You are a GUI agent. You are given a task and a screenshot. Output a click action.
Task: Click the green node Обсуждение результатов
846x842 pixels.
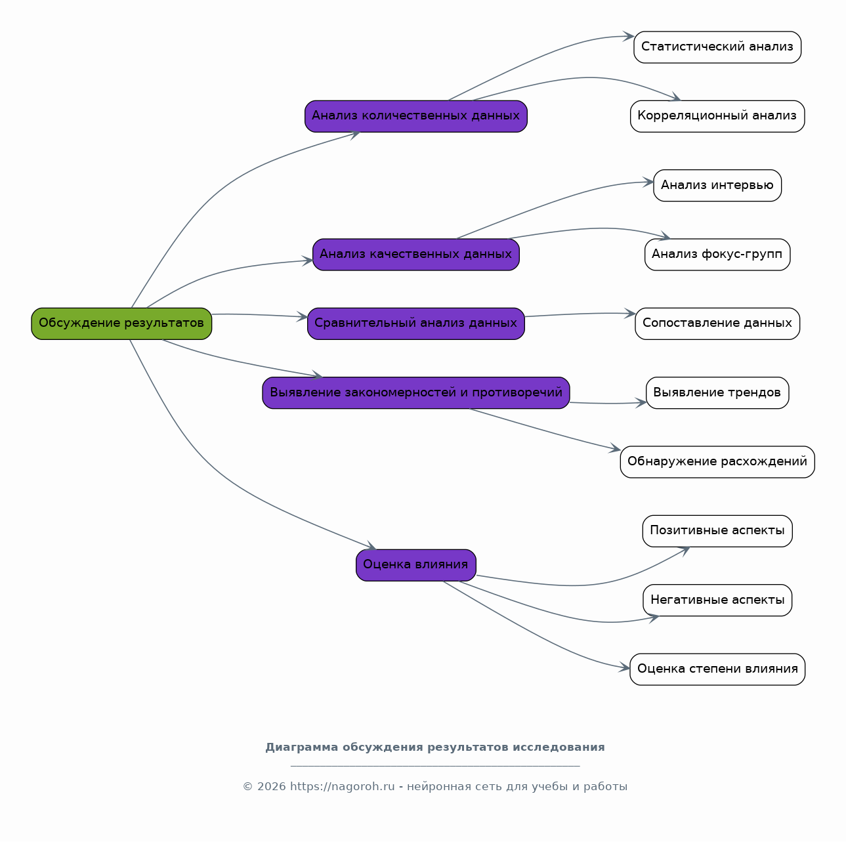point(121,324)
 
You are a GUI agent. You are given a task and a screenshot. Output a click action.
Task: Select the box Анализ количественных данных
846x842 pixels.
point(415,116)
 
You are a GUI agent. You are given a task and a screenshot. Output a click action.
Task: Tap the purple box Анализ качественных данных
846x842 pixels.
point(415,255)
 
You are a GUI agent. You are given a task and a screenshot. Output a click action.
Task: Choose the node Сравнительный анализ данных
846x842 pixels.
point(415,324)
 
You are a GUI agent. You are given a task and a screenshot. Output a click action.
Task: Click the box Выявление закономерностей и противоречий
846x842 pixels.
point(415,393)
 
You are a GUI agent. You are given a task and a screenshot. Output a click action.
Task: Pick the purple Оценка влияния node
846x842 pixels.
point(415,565)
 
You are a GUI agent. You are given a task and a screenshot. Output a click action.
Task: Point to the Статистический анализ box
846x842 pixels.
point(717,47)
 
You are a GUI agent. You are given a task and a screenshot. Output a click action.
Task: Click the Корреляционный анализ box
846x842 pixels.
point(717,116)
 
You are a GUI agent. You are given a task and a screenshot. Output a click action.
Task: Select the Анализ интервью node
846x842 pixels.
point(717,185)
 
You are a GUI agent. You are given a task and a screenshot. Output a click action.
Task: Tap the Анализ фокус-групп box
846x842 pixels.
point(717,255)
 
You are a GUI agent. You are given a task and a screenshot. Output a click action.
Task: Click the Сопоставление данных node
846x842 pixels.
point(717,324)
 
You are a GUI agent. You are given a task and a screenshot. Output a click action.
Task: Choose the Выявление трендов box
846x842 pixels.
point(717,393)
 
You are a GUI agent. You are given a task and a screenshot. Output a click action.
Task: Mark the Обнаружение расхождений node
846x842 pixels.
point(717,462)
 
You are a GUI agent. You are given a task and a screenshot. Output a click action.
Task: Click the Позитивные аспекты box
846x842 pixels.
point(717,531)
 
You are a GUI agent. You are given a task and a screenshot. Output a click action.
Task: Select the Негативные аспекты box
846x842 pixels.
point(717,600)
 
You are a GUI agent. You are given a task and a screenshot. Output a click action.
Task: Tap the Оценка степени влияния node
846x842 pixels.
point(717,669)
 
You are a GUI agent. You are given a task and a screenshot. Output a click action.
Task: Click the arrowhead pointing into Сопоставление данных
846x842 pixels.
point(630,314)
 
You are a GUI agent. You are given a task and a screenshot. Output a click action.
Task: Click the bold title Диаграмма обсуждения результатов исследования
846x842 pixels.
point(435,747)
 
